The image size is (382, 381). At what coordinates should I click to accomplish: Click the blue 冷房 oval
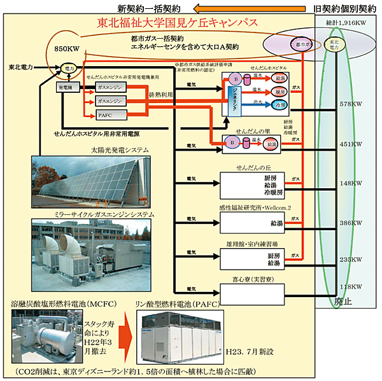[x=279, y=104]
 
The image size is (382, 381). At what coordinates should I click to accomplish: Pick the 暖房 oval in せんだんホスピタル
[x=279, y=91]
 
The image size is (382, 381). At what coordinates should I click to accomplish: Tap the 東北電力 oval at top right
[x=332, y=46]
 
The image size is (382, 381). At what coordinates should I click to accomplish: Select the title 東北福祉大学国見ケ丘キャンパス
[x=178, y=24]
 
